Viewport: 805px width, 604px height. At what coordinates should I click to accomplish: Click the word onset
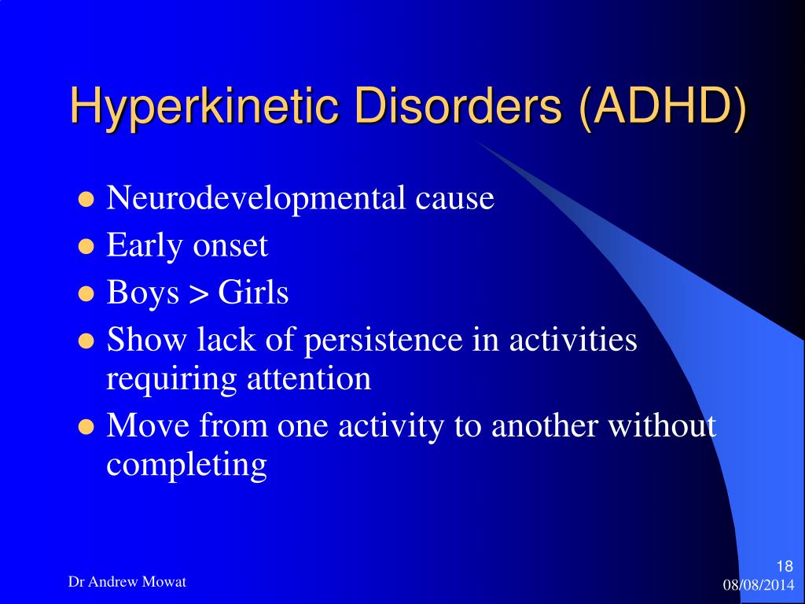click(230, 246)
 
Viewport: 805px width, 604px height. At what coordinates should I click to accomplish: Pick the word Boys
click(142, 293)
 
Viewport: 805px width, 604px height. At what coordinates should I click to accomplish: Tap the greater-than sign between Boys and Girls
click(198, 295)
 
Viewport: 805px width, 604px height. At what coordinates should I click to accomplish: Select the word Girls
click(253, 293)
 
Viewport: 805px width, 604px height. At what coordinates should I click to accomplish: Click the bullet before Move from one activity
click(87, 428)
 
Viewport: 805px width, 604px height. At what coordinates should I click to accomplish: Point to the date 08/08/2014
click(758, 585)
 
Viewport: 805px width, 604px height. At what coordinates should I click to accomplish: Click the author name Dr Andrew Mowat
click(127, 582)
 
